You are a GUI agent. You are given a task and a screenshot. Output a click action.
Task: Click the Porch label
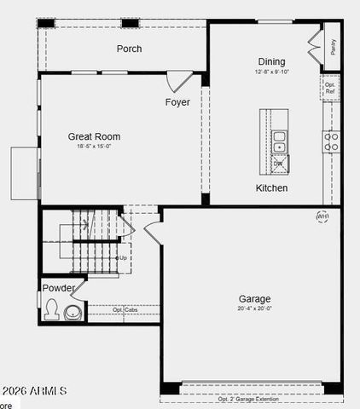(129, 49)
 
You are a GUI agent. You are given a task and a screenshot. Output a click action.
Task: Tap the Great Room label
(94, 136)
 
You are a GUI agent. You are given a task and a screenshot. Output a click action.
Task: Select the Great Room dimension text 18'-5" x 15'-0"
(94, 147)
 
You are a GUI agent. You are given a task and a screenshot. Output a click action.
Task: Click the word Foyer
(177, 103)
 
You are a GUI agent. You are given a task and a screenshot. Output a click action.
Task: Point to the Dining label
(271, 61)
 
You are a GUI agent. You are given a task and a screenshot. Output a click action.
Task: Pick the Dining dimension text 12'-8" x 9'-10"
(271, 72)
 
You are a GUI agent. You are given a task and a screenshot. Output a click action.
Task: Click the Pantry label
(333, 45)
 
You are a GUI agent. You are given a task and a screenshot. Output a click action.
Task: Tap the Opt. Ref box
(330, 88)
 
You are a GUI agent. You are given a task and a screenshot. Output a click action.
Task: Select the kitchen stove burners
(330, 141)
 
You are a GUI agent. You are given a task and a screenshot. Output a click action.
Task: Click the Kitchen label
(272, 187)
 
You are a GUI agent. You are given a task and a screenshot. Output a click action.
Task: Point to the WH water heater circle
(322, 216)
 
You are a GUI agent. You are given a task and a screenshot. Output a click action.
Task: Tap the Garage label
(254, 299)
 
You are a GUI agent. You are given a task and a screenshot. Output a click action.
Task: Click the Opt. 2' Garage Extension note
(252, 400)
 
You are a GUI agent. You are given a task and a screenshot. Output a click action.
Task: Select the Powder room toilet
(52, 309)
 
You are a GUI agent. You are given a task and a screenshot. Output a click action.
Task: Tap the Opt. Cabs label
(125, 309)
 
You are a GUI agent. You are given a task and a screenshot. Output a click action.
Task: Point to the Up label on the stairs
(123, 257)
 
